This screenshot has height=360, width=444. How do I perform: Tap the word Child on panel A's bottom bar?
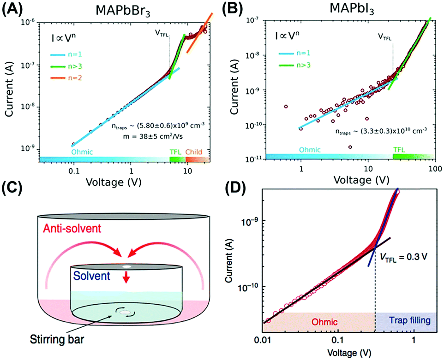point(194,151)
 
